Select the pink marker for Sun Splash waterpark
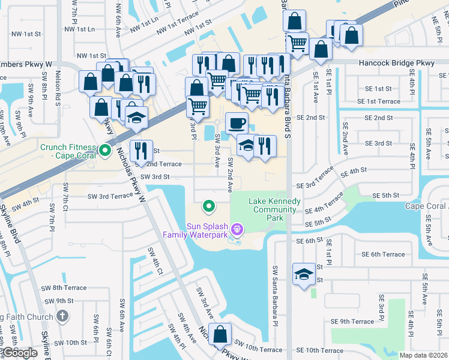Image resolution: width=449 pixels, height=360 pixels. [x=237, y=228]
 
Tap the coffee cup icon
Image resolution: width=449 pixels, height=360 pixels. [x=237, y=123]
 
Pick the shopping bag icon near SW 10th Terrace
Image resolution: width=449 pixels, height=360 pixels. [x=220, y=334]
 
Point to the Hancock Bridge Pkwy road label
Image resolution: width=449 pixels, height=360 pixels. [x=396, y=63]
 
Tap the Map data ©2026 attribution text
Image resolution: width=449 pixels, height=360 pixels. [x=423, y=355]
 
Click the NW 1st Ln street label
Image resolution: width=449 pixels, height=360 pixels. [x=79, y=29]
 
